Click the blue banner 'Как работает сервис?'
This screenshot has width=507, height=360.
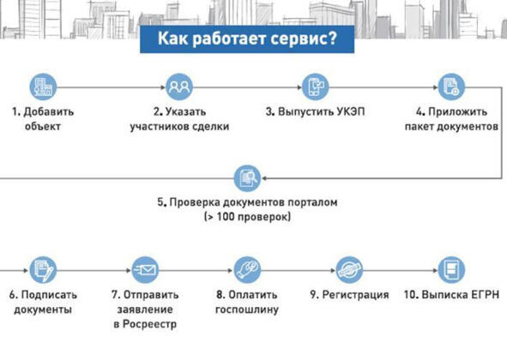tap(247, 39)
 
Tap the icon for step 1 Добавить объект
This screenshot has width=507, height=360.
tap(43, 87)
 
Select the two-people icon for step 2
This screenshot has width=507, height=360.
tap(179, 87)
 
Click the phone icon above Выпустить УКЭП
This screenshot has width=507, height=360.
tap(315, 87)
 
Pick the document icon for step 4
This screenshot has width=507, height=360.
tap(451, 87)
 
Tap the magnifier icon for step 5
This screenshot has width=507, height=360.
tap(247, 178)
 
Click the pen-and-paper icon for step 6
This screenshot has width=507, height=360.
tap(43, 270)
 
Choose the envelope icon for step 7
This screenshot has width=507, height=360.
tap(145, 270)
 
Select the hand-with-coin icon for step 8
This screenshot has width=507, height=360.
tap(247, 270)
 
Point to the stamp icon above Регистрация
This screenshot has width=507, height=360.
tap(349, 270)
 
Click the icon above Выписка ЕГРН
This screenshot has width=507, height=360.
tap(451, 270)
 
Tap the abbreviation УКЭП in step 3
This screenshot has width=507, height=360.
tap(351, 111)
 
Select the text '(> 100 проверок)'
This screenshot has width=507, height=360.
tap(247, 217)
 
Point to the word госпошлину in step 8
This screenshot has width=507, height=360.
tap(247, 309)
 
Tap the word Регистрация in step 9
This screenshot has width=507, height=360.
tap(356, 295)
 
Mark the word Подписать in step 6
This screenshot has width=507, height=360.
tap(49, 295)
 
